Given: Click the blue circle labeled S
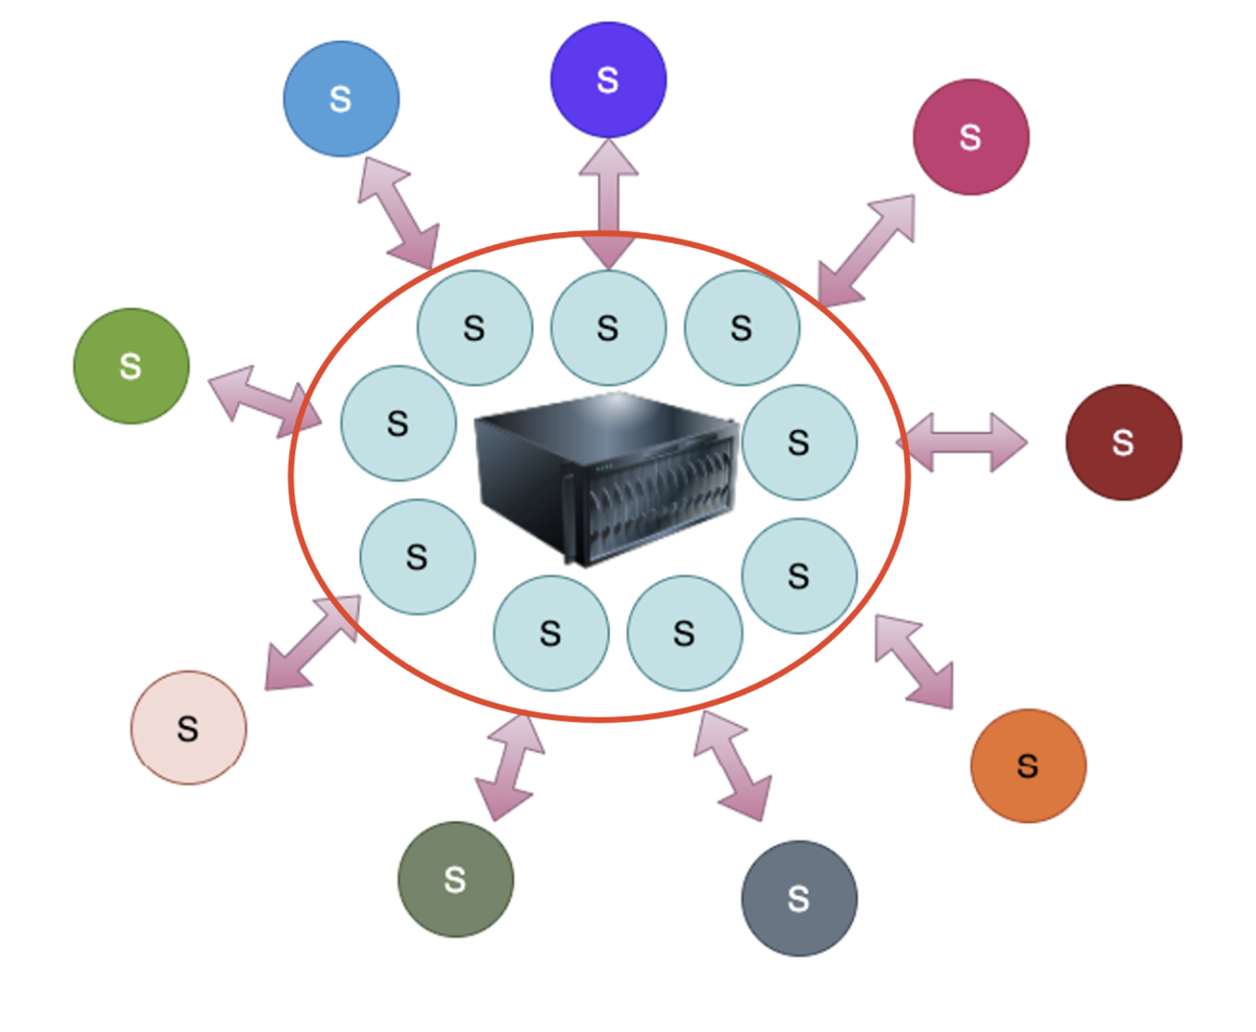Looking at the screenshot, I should click(x=341, y=99).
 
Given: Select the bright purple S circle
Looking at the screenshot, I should click(x=608, y=80).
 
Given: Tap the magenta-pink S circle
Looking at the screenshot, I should click(x=970, y=137).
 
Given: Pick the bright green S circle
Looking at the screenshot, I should click(x=131, y=366).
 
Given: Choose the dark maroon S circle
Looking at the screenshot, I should click(x=1123, y=442).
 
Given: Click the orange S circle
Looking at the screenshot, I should click(x=1028, y=765).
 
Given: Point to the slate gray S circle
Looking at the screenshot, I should click(x=799, y=898).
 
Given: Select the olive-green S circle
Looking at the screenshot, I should click(x=455, y=878).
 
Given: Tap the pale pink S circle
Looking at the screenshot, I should click(x=189, y=728).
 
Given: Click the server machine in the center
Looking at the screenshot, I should click(x=607, y=477).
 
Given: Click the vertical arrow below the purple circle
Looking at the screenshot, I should click(x=609, y=203).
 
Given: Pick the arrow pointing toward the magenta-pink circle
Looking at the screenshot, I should click(x=868, y=250).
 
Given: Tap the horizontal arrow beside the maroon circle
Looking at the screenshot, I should click(x=962, y=442).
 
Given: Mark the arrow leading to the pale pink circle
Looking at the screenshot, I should click(x=312, y=643).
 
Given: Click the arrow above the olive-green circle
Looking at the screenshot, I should click(x=509, y=767).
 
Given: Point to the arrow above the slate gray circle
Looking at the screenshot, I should click(x=733, y=766).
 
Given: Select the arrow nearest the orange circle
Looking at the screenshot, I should click(x=914, y=662).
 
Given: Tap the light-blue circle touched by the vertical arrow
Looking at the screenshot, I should click(x=608, y=328).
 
